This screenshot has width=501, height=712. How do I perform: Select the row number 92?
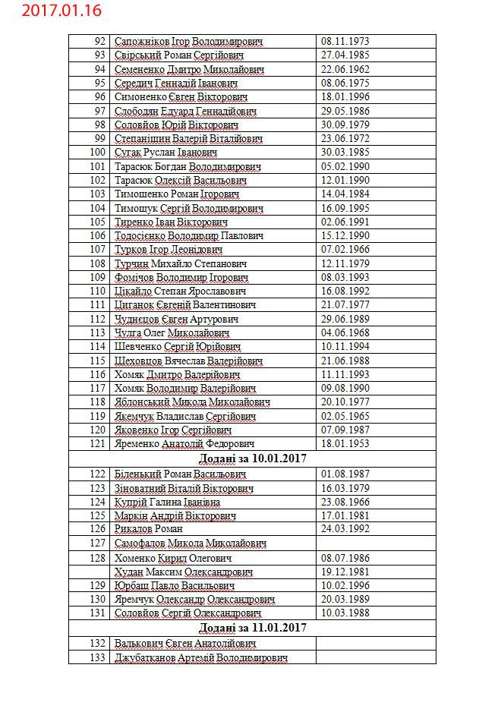99,41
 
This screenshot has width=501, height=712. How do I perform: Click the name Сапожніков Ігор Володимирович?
189,41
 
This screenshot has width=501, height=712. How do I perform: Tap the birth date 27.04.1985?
345,55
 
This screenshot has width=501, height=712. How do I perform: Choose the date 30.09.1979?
345,124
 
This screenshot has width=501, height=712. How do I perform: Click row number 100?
97,153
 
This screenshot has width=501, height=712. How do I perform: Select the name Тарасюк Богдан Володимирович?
187,166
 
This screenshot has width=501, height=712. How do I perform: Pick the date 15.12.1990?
345,235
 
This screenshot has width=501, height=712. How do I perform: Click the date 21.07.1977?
345,305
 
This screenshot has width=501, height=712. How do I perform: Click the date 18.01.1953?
345,443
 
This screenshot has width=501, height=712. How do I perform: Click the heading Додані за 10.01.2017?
252,458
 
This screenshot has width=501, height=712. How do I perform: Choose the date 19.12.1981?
345,572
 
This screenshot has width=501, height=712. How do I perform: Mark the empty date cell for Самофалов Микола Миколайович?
376,543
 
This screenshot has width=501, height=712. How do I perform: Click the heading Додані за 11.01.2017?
252,628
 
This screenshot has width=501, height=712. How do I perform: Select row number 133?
97,657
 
